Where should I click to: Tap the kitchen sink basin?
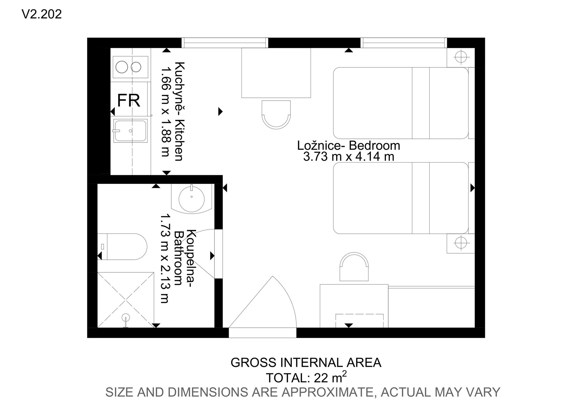coord(130,131)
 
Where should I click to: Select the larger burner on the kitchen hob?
coord(122,67)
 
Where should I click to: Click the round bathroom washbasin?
coord(191,198)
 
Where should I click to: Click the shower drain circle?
coord(126,317)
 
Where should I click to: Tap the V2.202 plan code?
coord(42,14)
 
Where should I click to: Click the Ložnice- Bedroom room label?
coord(349,145)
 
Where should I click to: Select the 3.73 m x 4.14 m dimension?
coord(349,156)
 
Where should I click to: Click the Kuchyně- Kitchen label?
coord(179,111)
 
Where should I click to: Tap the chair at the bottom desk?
coord(354,267)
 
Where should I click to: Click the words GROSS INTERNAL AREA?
coord(306,363)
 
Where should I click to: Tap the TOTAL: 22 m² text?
coord(306,377)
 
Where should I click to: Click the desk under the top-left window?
coord(276,73)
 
